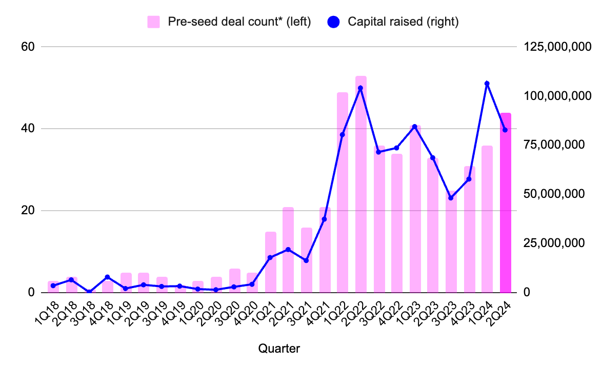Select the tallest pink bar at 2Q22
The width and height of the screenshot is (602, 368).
click(x=361, y=185)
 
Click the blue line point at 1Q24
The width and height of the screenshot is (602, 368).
click(x=487, y=84)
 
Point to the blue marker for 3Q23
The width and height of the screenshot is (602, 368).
click(x=451, y=198)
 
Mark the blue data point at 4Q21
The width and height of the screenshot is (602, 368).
click(x=324, y=219)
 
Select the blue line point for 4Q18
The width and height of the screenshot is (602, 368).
click(x=107, y=277)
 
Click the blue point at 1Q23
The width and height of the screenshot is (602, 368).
click(x=415, y=127)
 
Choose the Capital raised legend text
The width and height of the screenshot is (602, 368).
click(x=403, y=22)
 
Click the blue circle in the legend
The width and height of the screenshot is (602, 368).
click(x=334, y=22)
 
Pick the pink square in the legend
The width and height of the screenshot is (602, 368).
click(x=153, y=22)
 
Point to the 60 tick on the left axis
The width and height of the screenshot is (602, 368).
click(x=27, y=47)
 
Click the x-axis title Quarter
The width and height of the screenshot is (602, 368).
click(x=279, y=349)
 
